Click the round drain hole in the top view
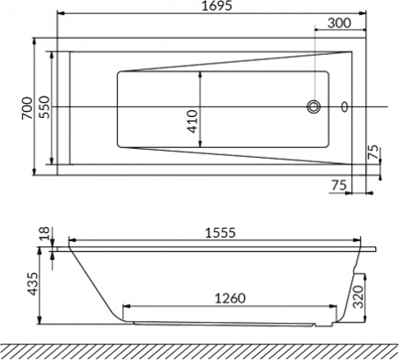[313, 106]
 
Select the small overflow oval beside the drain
[344, 107]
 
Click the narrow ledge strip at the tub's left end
[62, 107]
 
